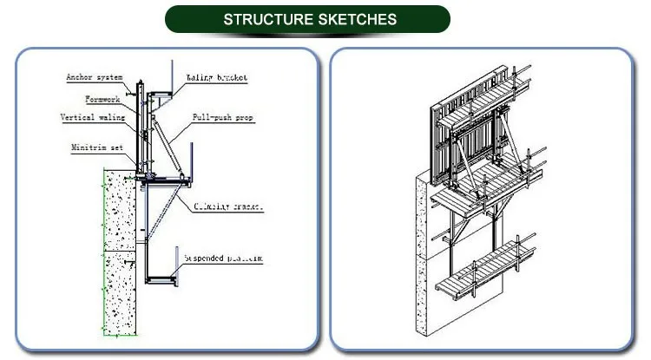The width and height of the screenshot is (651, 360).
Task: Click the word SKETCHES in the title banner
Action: pyautogui.click(x=360, y=19)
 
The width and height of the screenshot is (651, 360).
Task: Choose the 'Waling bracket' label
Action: pyautogui.click(x=216, y=77)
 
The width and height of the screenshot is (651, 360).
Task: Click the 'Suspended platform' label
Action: pyautogui.click(x=222, y=259)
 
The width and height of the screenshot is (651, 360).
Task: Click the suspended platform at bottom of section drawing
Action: pyautogui.click(x=161, y=279)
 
